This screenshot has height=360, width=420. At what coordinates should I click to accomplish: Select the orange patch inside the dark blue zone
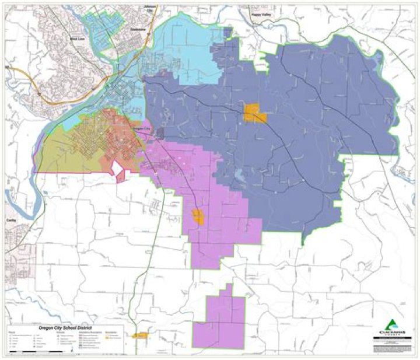(x=254, y=113)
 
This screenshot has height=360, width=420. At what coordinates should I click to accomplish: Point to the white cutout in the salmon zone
(x=118, y=168)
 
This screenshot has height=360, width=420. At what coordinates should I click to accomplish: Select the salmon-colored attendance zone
(x=120, y=140)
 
